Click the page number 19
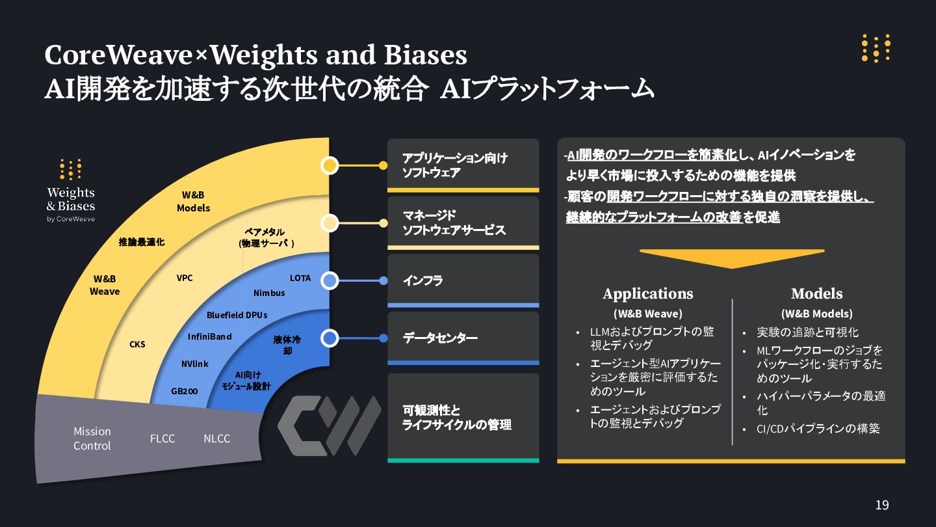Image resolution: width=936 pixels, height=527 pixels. pyautogui.click(x=882, y=505)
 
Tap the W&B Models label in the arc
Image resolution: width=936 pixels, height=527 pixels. pyautogui.click(x=193, y=201)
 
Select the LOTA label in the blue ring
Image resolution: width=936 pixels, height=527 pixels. pyautogui.click(x=300, y=278)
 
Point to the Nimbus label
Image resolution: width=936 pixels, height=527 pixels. pyautogui.click(x=269, y=293)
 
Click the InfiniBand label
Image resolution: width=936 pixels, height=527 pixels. pyautogui.click(x=209, y=336)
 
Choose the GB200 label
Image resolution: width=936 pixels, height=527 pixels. pyautogui.click(x=184, y=391)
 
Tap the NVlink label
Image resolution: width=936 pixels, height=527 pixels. pyautogui.click(x=195, y=364)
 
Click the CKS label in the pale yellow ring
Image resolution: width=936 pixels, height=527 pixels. pyautogui.click(x=137, y=344)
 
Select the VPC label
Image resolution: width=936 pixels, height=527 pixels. pyautogui.click(x=185, y=278)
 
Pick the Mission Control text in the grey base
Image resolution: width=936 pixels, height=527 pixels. pyautogui.click(x=92, y=439)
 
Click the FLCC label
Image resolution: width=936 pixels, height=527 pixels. pyautogui.click(x=162, y=439)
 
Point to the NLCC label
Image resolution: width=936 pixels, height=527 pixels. pyautogui.click(x=216, y=439)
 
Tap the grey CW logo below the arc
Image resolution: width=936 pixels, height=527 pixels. pyautogui.click(x=329, y=425)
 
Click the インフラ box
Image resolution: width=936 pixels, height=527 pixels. pyautogui.click(x=463, y=280)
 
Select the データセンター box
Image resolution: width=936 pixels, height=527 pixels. pyautogui.click(x=463, y=338)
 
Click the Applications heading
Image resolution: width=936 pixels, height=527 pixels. pyautogui.click(x=648, y=293)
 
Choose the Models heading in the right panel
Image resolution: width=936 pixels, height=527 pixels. pyautogui.click(x=816, y=293)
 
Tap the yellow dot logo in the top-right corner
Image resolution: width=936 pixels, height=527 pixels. pyautogui.click(x=876, y=48)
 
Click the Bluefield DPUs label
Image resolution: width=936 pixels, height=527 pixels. pyautogui.click(x=237, y=315)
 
